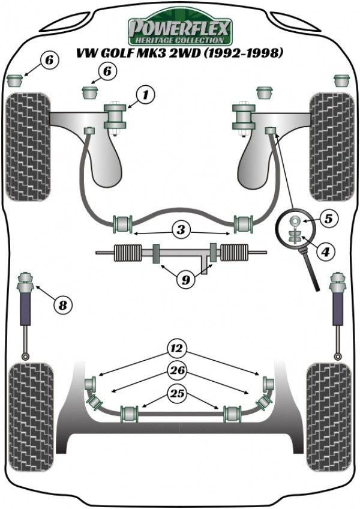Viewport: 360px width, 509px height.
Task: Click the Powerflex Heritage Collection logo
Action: pyautogui.click(x=180, y=28)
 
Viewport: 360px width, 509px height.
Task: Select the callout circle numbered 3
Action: pyautogui.click(x=181, y=229)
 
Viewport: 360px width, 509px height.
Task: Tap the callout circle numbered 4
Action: pyautogui.click(x=325, y=252)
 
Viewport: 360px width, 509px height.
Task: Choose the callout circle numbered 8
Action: pyautogui.click(x=61, y=306)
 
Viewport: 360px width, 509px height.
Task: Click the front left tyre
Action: pyautogui.click(x=28, y=147)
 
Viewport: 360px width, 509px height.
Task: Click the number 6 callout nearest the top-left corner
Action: pyautogui.click(x=50, y=59)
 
